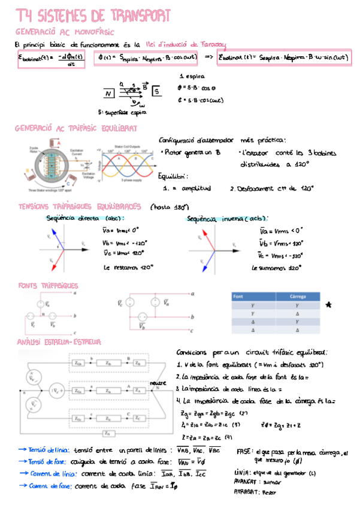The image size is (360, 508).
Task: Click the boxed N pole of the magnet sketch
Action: pyautogui.click(x=108, y=94)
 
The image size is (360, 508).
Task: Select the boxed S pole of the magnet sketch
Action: pyautogui.click(x=156, y=92)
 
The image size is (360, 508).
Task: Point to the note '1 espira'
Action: pyautogui.click(x=192, y=77)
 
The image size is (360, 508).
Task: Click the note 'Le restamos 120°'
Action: pyautogui.click(x=125, y=268)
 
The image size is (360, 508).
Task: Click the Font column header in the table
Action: pyautogui.click(x=238, y=297)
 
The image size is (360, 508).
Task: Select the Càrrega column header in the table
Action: pyautogui.click(x=298, y=297)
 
